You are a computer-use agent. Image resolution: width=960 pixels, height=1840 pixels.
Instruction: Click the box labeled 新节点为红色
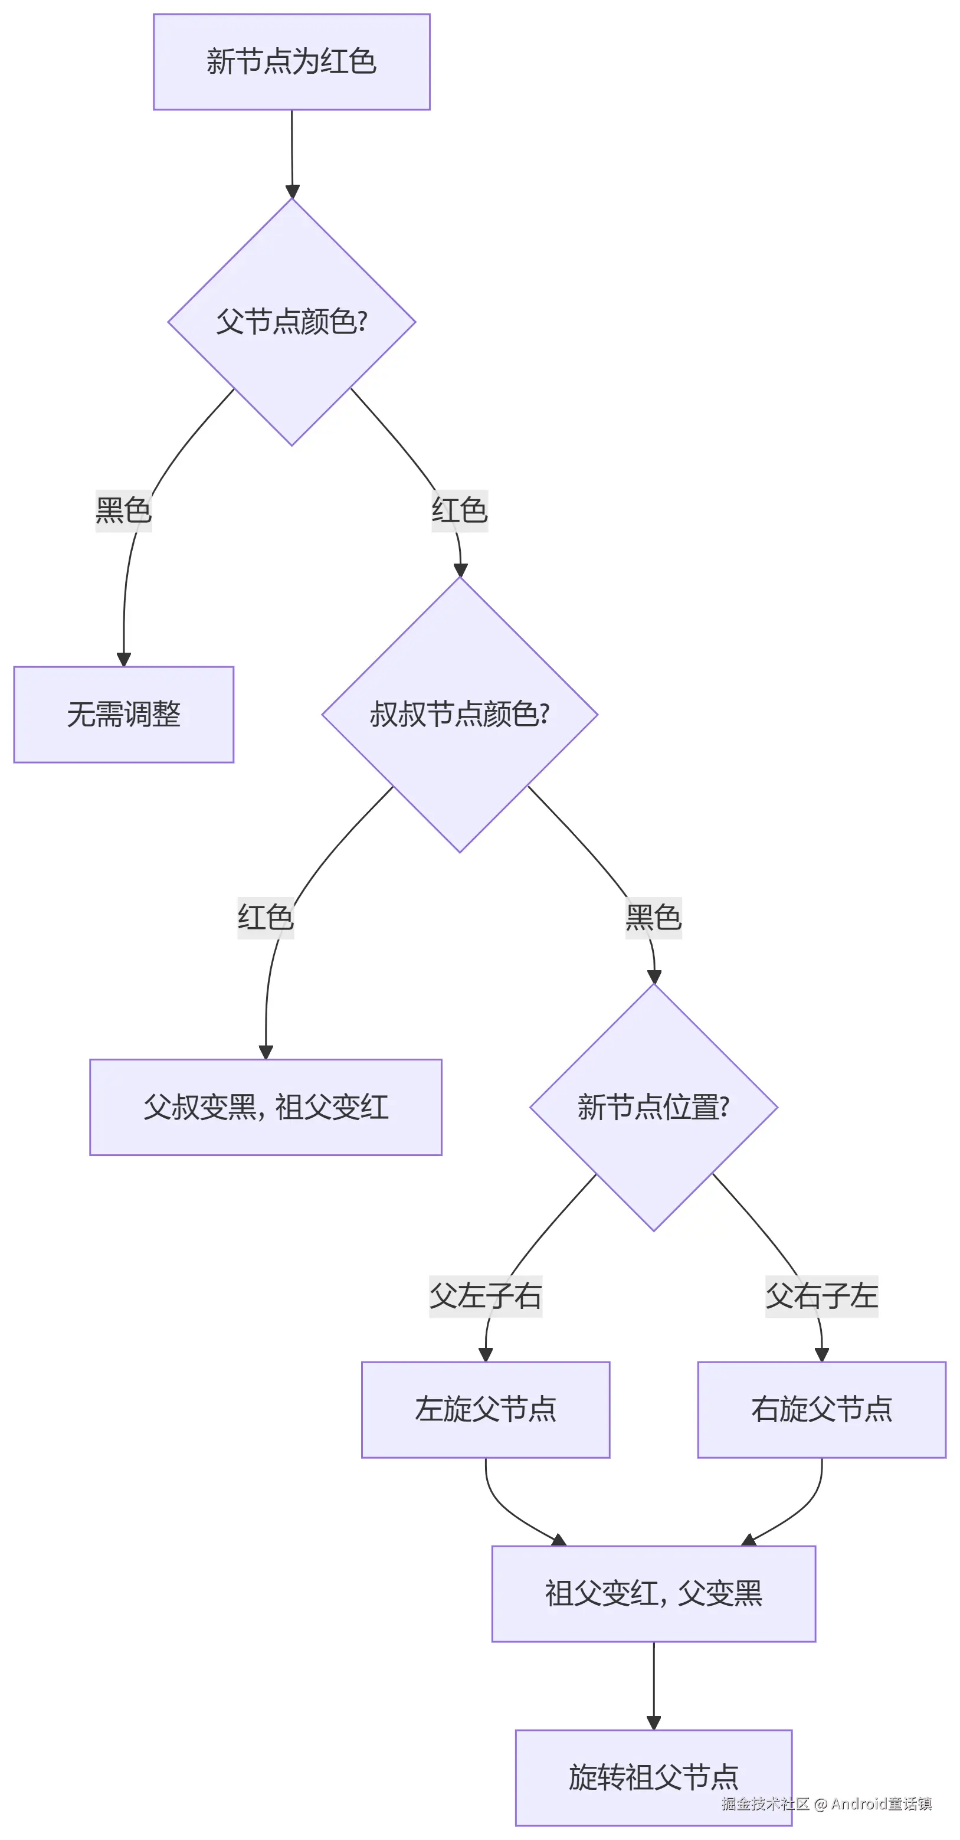[291, 62]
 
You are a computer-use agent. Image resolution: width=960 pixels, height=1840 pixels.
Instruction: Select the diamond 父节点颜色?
[291, 322]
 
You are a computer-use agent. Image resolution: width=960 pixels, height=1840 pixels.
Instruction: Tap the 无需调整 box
[123, 714]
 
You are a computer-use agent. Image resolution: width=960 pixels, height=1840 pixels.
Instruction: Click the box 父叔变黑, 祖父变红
[266, 1107]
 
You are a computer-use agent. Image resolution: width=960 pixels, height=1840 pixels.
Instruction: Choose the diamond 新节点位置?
[654, 1107]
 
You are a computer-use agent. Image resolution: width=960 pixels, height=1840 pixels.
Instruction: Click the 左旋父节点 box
[486, 1409]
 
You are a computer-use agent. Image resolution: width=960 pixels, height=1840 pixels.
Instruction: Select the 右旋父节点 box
[821, 1409]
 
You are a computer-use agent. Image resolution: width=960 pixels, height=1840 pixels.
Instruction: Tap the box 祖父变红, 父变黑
[654, 1593]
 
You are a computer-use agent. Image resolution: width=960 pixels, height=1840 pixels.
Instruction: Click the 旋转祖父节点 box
[654, 1777]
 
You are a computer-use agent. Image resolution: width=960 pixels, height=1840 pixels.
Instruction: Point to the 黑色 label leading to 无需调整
[123, 510]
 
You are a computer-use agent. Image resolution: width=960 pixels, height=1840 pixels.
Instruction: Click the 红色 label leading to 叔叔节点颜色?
[459, 510]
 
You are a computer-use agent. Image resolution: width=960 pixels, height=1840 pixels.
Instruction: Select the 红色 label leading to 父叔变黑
[266, 918]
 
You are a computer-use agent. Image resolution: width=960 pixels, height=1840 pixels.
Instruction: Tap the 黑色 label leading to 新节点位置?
[654, 918]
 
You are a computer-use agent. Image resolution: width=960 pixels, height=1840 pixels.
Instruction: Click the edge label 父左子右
[486, 1296]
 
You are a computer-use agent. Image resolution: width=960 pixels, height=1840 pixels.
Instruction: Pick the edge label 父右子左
[821, 1296]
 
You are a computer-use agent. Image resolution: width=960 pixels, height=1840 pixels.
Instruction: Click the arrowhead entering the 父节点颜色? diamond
[292, 191]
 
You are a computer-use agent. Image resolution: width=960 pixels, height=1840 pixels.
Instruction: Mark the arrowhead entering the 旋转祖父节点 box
[654, 1723]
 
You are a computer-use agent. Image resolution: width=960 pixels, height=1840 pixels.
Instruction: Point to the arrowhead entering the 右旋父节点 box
[821, 1355]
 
